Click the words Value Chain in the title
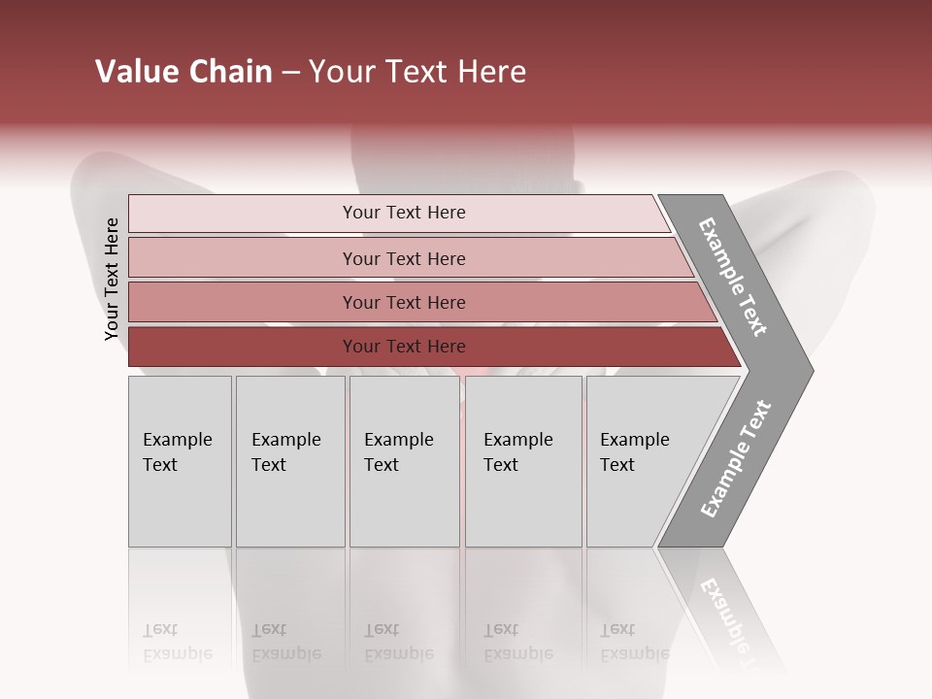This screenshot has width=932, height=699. (x=183, y=72)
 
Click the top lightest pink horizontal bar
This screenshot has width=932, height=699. (x=243, y=214)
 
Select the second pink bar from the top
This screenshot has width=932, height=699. (x=243, y=258)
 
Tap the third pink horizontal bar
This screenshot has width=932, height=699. (x=243, y=303)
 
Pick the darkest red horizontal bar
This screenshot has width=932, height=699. (x=243, y=347)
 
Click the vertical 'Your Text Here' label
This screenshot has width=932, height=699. (x=112, y=280)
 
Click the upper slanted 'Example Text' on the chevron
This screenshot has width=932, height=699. (x=733, y=277)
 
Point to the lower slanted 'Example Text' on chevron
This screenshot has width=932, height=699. (x=735, y=459)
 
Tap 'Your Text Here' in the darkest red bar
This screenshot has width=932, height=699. (x=404, y=347)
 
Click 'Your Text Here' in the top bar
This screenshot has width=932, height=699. (x=404, y=213)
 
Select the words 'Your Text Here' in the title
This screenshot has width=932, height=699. (x=417, y=72)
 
